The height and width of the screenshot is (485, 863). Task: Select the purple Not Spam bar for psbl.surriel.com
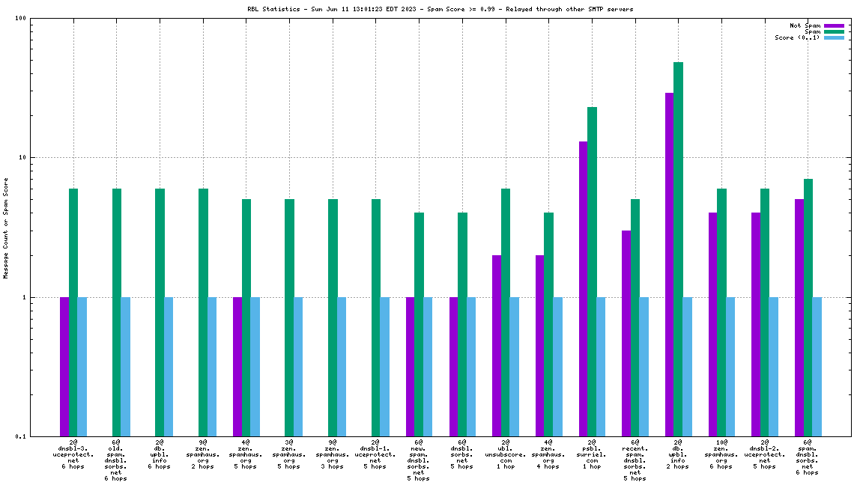pos(584,288)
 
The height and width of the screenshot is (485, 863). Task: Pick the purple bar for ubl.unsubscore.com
pos(497,345)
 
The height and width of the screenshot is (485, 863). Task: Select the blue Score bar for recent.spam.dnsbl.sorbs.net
pos(644,366)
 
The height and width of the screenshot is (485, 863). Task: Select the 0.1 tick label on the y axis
pos(21,436)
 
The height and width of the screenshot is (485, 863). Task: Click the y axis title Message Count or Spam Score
pos(6,228)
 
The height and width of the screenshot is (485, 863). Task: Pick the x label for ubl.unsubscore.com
pos(505,454)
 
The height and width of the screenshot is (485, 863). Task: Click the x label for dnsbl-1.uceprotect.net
pos(375,454)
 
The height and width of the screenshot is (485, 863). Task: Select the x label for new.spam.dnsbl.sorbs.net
pos(419,460)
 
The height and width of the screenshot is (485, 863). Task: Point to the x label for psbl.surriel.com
pos(592,454)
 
